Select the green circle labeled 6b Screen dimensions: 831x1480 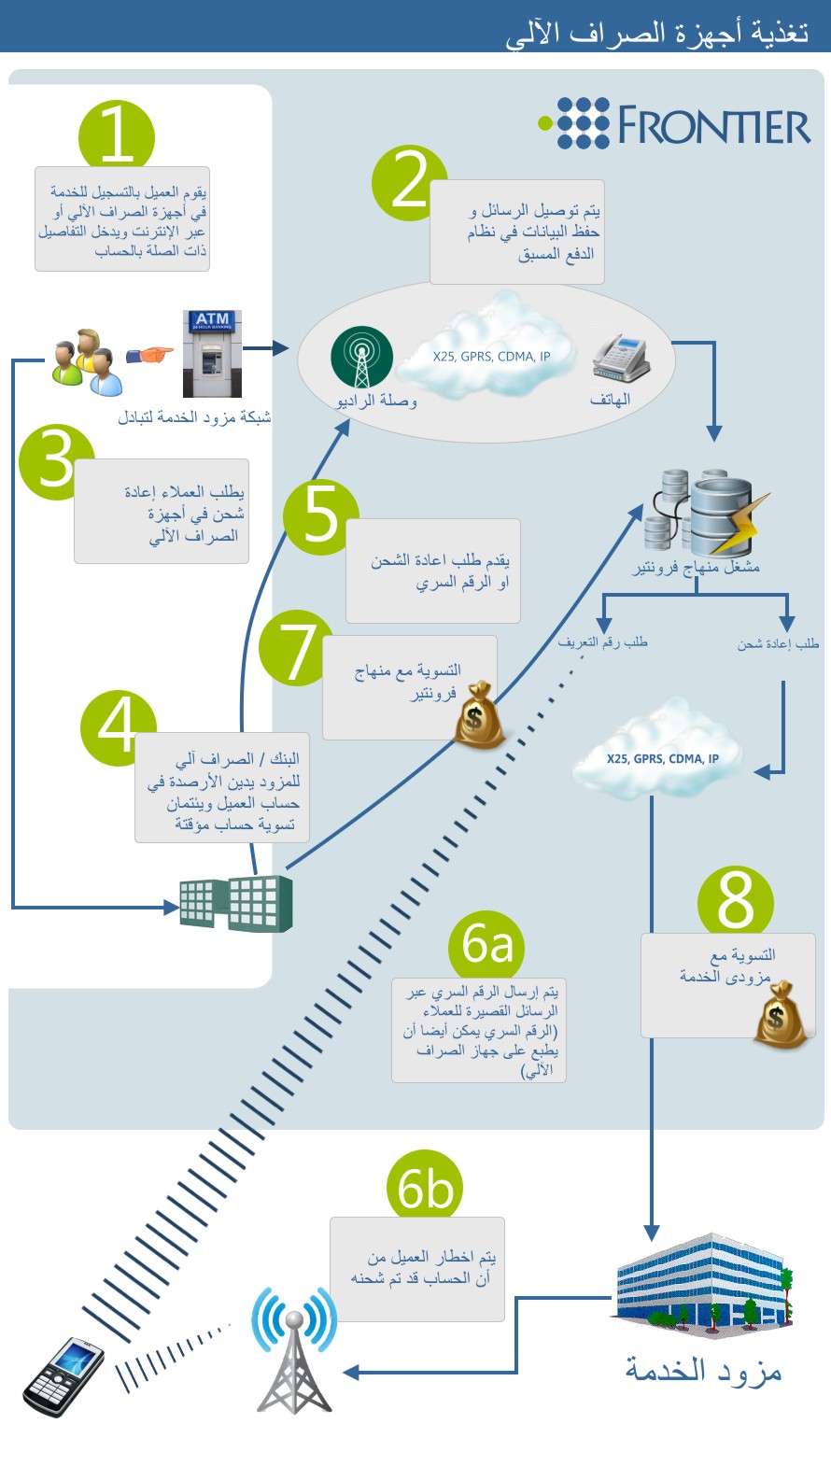[x=425, y=1186]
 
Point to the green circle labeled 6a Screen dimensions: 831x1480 [x=486, y=945]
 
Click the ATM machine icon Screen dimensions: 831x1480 [x=212, y=354]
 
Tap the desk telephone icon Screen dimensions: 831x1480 [x=621, y=358]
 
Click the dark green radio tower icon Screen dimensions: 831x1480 [x=362, y=357]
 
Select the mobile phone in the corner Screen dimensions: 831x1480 [x=63, y=1377]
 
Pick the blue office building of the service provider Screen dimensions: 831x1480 [x=704, y=1286]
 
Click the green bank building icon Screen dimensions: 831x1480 [x=236, y=903]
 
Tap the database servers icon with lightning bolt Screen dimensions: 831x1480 [x=704, y=512]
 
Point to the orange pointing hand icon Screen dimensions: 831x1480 [x=149, y=355]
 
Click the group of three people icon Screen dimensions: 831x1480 [x=88, y=362]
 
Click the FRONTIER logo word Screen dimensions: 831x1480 [x=714, y=125]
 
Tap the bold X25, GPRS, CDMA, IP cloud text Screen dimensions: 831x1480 [x=663, y=758]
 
